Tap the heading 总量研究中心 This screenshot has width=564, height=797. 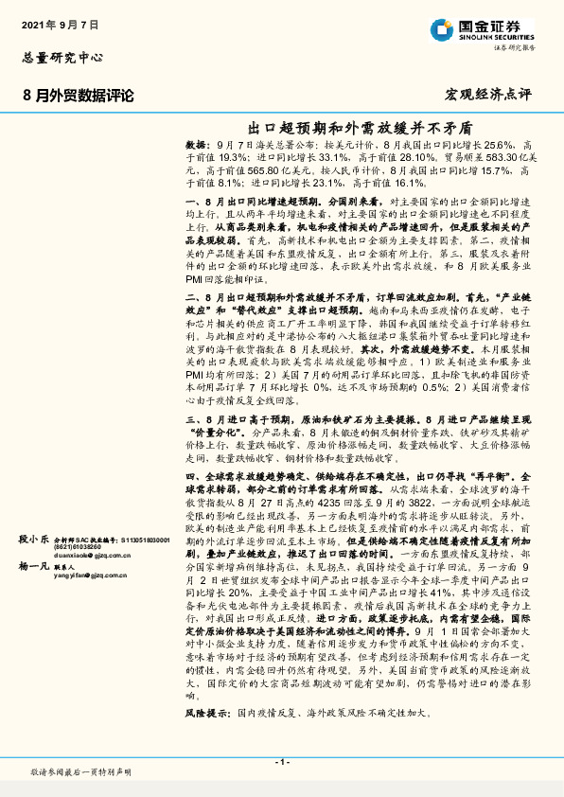(x=62, y=58)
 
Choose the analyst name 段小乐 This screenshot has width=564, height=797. (x=33, y=538)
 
